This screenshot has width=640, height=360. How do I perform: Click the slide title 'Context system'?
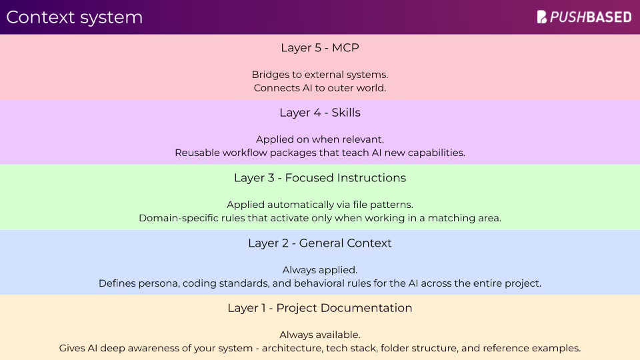click(x=74, y=17)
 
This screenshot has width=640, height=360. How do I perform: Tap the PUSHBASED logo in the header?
click(x=584, y=17)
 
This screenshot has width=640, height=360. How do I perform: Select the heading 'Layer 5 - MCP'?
click(x=320, y=48)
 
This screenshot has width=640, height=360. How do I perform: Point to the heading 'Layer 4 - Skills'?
click(x=320, y=113)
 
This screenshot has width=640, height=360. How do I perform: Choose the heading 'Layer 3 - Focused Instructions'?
click(x=320, y=178)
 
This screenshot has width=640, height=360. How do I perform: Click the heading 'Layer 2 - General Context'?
click(x=320, y=243)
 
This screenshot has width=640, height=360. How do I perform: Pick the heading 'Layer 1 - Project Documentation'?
click(x=320, y=308)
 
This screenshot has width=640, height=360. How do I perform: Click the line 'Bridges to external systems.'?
click(x=320, y=75)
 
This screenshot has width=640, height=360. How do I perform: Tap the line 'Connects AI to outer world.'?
click(x=320, y=87)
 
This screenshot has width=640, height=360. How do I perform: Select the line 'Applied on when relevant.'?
click(x=320, y=139)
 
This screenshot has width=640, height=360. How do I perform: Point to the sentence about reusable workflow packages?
click(x=320, y=153)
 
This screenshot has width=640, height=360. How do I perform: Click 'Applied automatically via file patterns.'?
click(x=320, y=205)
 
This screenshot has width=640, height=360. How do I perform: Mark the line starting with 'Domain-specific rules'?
click(x=320, y=218)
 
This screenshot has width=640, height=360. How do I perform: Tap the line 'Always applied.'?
click(x=320, y=270)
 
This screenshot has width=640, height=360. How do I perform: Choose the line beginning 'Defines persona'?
click(x=320, y=283)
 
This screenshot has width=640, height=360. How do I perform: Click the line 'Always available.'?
click(x=320, y=335)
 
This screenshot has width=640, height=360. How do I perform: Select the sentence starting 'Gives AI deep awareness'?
click(x=320, y=348)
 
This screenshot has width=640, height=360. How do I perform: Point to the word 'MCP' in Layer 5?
click(x=346, y=48)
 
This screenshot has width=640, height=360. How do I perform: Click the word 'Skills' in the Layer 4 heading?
click(x=345, y=113)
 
